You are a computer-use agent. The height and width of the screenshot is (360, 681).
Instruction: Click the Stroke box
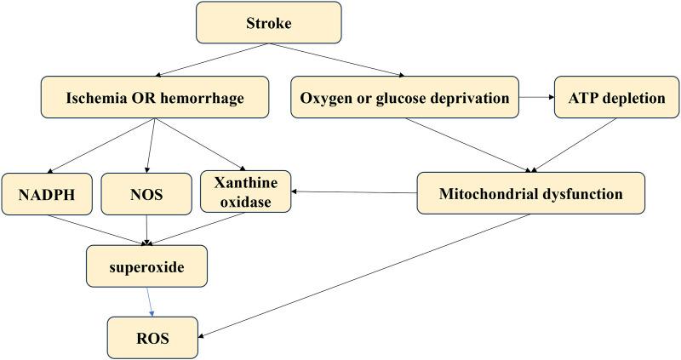[x=268, y=23]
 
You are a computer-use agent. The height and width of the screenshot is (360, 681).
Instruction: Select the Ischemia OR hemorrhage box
[x=155, y=97]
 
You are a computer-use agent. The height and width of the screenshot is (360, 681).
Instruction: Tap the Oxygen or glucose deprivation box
[x=404, y=97]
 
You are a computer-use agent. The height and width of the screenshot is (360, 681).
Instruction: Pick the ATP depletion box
[x=616, y=97]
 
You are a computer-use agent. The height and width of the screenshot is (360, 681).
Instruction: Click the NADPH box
[x=47, y=194]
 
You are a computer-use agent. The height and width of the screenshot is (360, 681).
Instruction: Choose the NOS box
[x=146, y=194]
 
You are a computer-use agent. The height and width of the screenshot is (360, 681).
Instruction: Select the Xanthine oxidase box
[x=245, y=191]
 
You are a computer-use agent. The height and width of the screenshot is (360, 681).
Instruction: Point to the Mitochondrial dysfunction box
[x=530, y=193]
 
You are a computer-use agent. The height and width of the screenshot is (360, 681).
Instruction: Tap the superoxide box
[x=146, y=266]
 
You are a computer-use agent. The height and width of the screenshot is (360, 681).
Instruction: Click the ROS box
[x=152, y=338]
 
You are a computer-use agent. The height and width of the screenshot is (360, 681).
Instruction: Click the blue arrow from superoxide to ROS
[x=150, y=302]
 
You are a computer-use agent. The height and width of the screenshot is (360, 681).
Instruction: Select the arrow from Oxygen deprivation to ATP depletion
[x=536, y=97]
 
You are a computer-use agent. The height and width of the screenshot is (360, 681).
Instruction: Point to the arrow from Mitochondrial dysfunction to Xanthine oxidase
[x=354, y=192]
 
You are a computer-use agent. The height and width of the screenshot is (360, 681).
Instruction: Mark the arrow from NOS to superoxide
[x=146, y=230]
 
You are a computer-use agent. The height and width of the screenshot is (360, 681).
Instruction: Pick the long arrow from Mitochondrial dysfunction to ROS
[x=364, y=276]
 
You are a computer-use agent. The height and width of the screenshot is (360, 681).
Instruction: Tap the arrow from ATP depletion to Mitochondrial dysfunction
[x=575, y=145]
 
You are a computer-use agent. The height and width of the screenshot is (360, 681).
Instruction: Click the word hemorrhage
[x=202, y=98]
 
